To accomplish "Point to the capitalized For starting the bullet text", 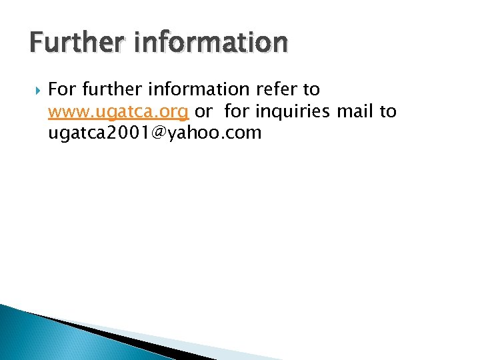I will click(x=62, y=89).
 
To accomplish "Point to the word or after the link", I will click(x=203, y=111).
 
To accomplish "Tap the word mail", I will click(x=355, y=111).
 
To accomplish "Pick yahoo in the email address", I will click(x=193, y=133).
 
